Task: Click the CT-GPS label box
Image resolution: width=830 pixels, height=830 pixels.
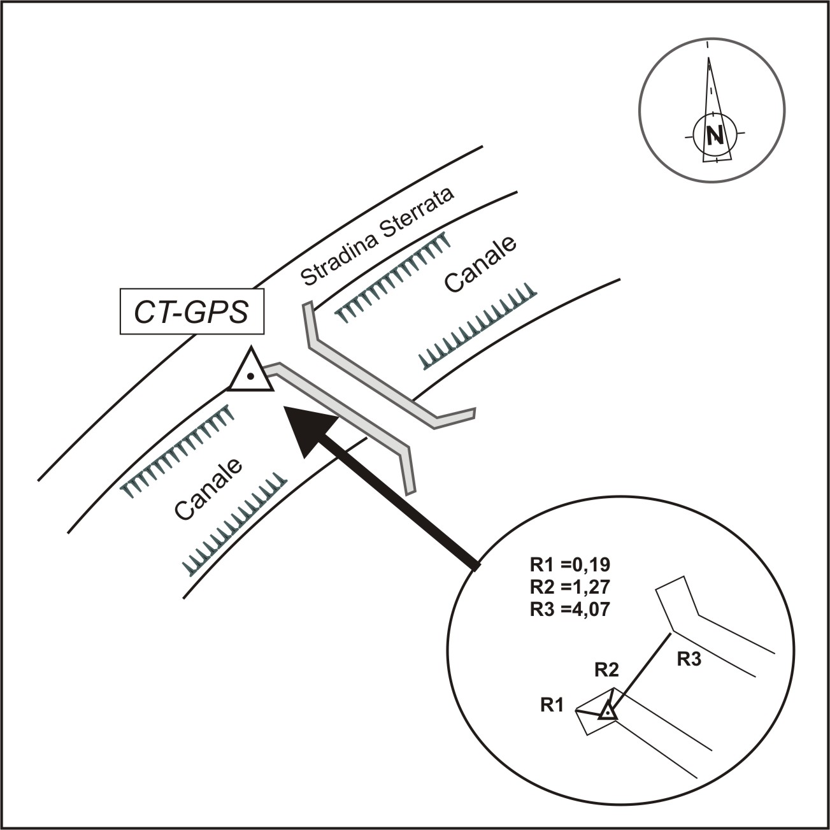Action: click(x=192, y=312)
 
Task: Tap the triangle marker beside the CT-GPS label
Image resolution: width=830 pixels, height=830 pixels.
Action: click(x=251, y=373)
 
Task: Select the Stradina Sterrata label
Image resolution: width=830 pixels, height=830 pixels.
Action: click(x=377, y=237)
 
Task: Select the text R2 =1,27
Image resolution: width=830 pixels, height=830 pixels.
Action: click(x=569, y=586)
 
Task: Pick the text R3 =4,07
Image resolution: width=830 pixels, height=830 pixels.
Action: click(x=569, y=608)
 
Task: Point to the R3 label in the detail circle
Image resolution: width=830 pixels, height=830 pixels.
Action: click(x=689, y=659)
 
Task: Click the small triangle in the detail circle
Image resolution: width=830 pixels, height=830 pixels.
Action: click(x=608, y=712)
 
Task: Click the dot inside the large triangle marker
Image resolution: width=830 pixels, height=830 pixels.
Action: click(x=252, y=376)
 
